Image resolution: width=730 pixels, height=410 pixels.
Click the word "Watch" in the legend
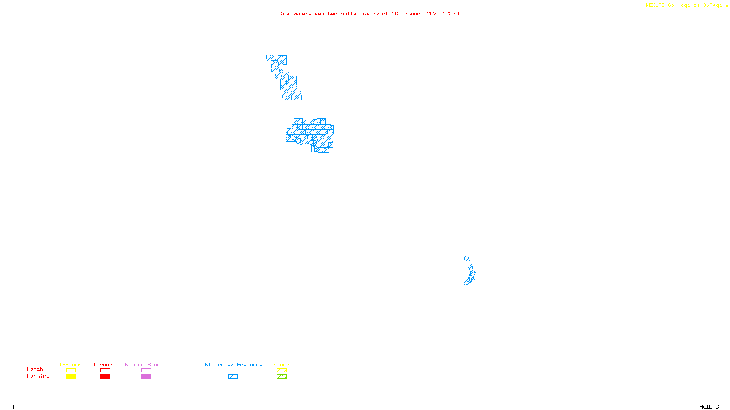tap(35, 369)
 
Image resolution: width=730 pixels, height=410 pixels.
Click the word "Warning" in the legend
tap(38, 376)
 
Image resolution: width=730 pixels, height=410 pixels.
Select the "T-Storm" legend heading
tap(70, 364)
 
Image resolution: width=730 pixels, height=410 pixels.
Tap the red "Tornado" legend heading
tap(104, 364)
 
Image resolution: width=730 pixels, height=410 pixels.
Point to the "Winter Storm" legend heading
tap(144, 364)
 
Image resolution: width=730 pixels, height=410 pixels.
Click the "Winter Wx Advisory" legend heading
tap(234, 364)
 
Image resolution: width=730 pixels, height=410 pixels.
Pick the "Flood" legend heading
tap(282, 364)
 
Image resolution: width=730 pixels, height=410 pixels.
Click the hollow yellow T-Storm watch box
tap(71, 370)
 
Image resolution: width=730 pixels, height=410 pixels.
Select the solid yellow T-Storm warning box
tap(71, 377)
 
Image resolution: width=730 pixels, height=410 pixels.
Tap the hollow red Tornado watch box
tap(105, 370)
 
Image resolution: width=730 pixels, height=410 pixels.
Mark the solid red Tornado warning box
tap(105, 377)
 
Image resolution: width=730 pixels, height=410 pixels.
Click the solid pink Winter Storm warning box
tap(146, 377)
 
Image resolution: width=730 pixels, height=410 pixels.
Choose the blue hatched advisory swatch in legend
tap(233, 377)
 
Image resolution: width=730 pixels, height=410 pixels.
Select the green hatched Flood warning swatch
tap(282, 377)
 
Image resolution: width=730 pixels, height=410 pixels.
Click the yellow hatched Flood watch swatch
tap(282, 370)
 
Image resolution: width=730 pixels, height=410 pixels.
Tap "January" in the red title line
tap(412, 14)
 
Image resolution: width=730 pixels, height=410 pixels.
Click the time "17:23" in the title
tap(451, 14)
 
